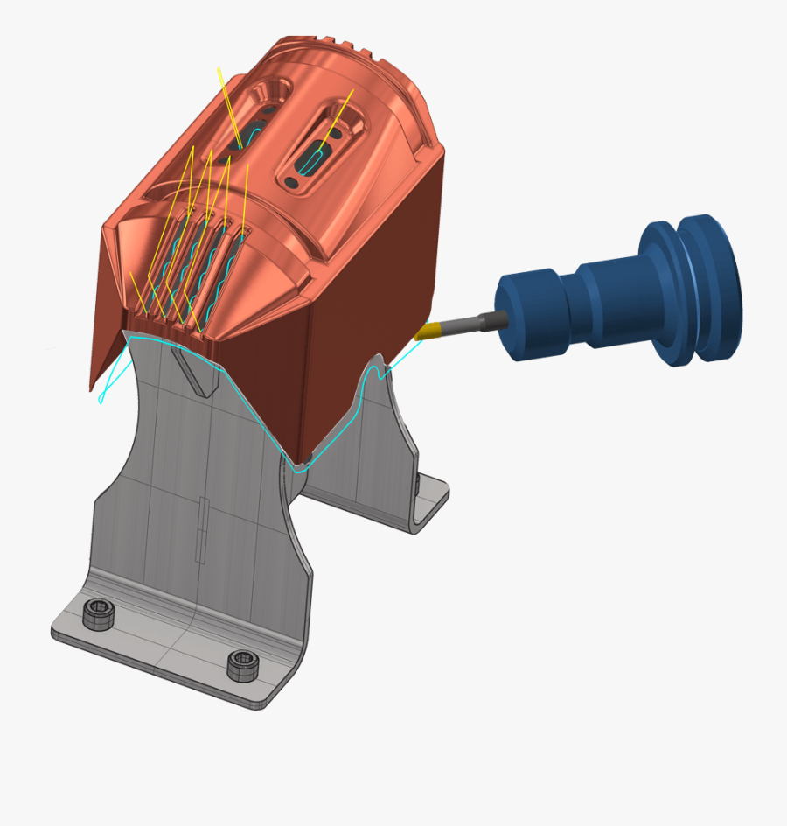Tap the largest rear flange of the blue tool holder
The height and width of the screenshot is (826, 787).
pyautogui.click(x=710, y=289)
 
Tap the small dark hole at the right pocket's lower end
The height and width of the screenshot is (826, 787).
pyautogui.click(x=292, y=182)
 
